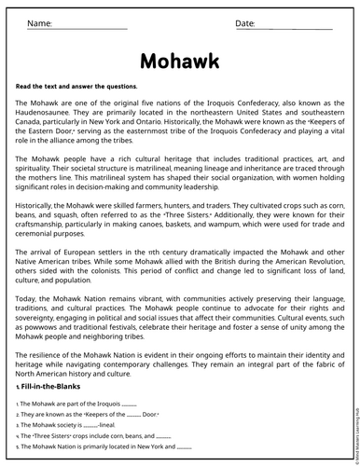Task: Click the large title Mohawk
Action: [x=180, y=61]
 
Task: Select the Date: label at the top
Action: [x=244, y=21]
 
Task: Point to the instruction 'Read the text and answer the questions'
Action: [x=76, y=87]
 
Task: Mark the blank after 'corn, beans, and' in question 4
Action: [x=163, y=435]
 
